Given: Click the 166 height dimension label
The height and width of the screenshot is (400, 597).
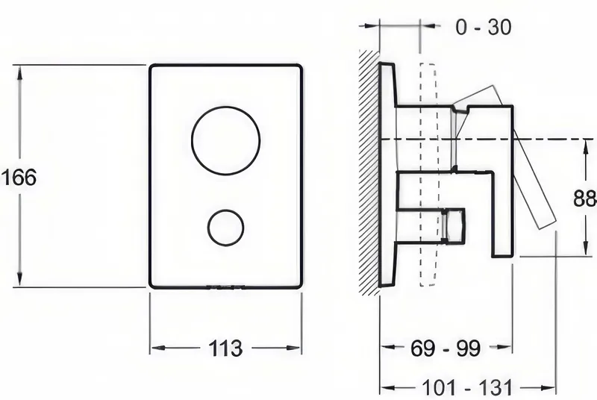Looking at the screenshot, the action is [x=19, y=178].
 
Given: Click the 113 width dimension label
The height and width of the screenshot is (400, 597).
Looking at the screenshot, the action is [x=225, y=348].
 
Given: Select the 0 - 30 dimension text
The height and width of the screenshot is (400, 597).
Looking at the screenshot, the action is [x=484, y=27].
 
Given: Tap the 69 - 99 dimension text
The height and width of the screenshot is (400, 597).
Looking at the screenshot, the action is [x=446, y=348].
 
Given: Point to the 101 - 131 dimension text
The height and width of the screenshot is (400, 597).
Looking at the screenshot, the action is [x=468, y=388].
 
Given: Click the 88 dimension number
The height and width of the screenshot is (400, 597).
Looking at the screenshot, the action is [x=585, y=199].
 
